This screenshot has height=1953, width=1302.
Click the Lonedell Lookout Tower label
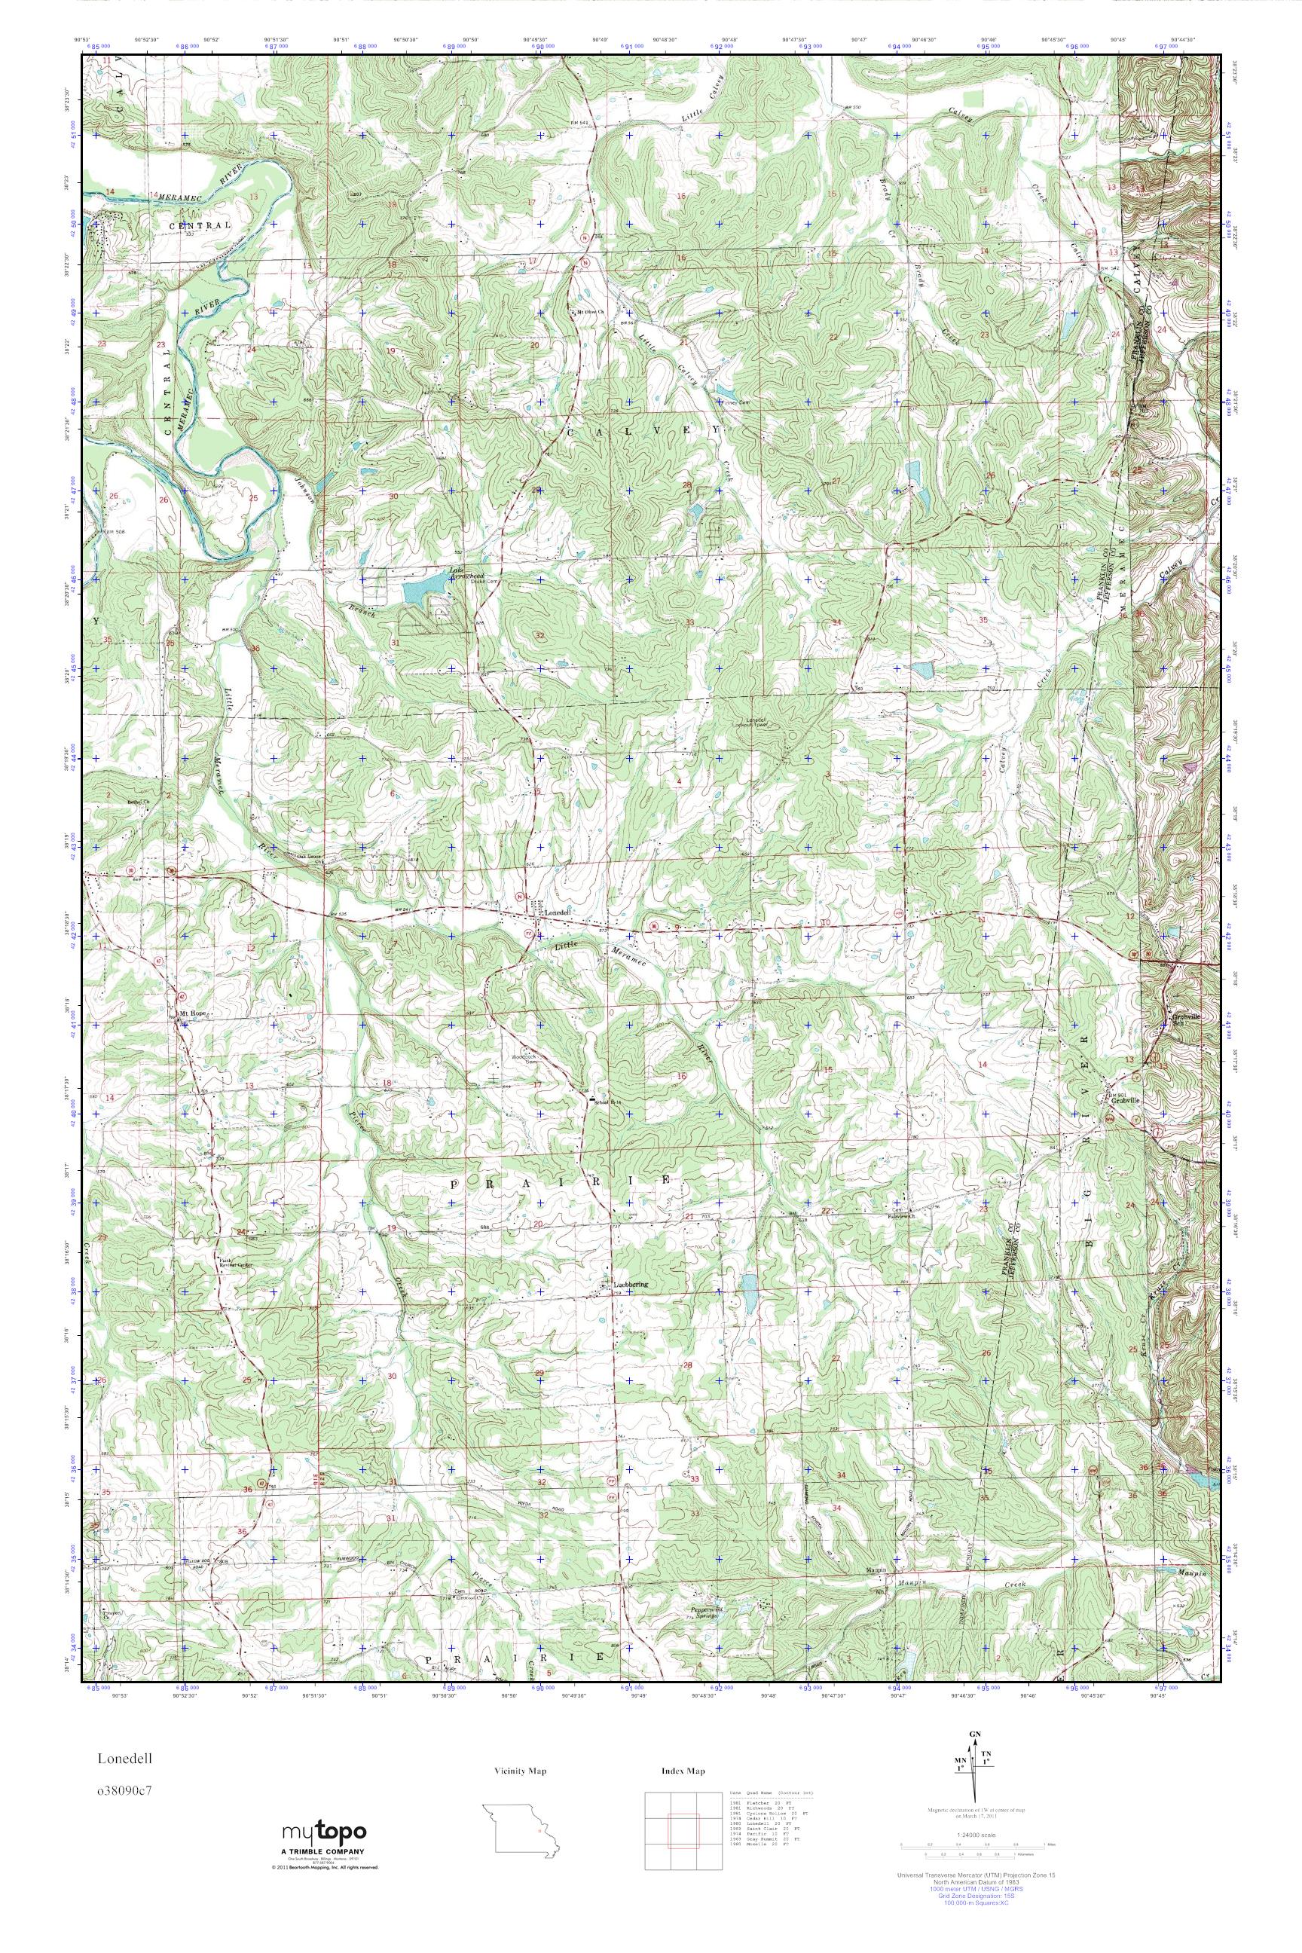point(758,723)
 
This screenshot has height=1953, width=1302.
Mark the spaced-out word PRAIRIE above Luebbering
point(564,1181)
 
